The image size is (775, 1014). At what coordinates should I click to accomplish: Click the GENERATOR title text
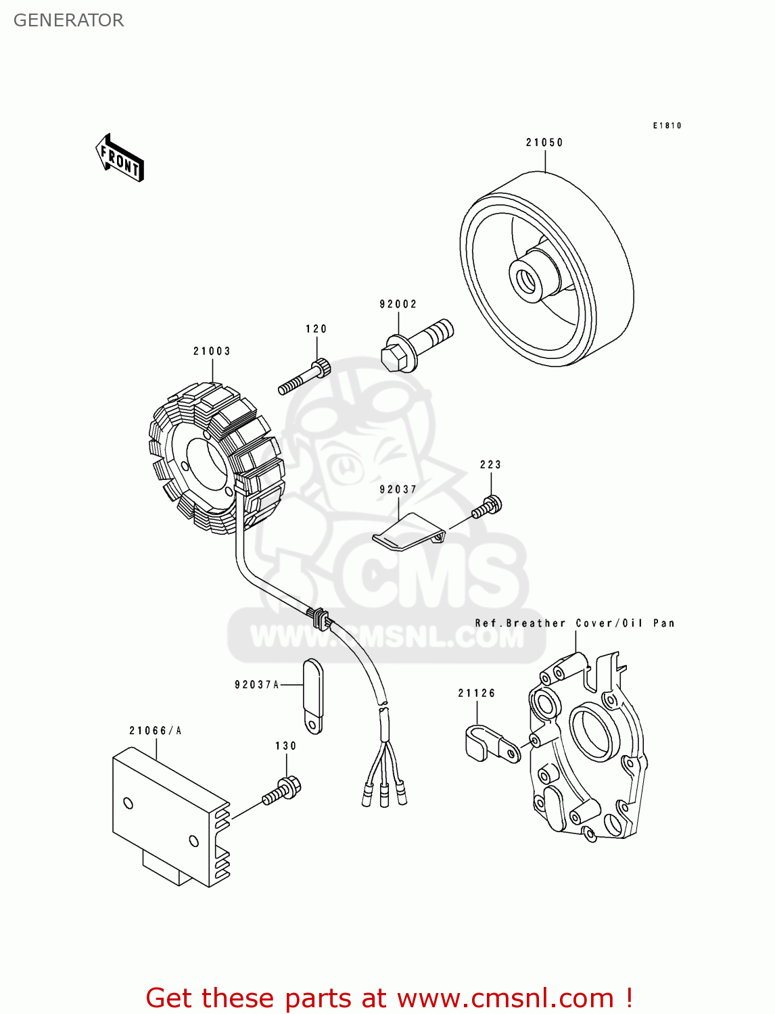point(68,20)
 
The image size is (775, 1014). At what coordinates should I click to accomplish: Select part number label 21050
point(544,143)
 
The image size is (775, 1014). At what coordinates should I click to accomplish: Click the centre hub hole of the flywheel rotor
point(525,278)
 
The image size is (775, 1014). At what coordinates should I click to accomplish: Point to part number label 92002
point(398,304)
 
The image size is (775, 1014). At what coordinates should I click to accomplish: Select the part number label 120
point(316,329)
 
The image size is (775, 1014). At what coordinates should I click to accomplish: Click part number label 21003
point(212,352)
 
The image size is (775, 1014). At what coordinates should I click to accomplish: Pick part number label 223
point(490,465)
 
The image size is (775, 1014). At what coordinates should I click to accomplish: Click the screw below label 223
point(488,508)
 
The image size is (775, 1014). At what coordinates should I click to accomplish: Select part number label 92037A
point(257,685)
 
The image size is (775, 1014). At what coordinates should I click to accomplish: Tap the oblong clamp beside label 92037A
point(313,696)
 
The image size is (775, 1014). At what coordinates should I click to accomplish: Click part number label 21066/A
point(156,731)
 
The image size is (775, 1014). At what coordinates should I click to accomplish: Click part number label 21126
point(477,694)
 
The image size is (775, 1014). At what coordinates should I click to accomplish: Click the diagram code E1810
point(667,126)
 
